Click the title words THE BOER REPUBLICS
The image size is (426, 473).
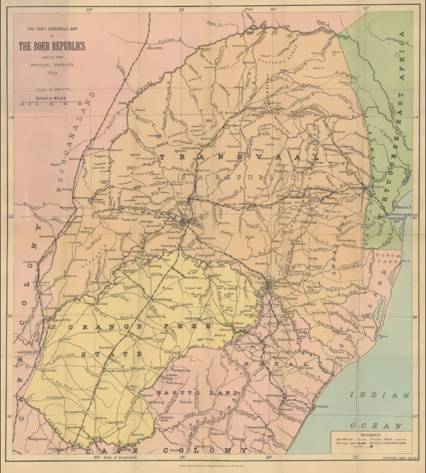pos(52,46)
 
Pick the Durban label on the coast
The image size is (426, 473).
pos(322,406)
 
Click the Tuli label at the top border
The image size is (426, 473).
pos(249,9)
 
